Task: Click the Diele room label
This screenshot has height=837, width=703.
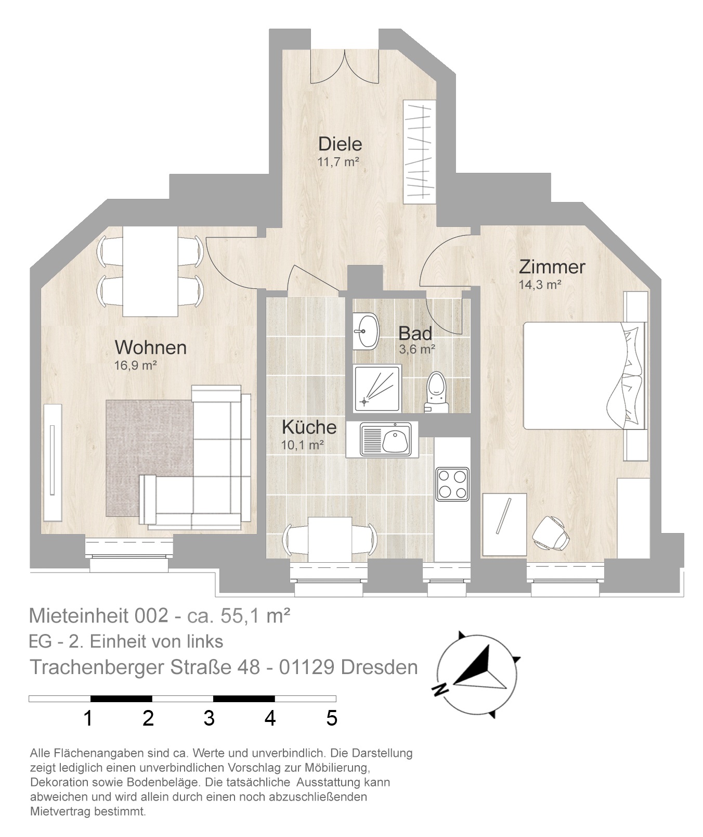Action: click(x=340, y=144)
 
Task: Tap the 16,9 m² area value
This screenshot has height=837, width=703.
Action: click(x=136, y=365)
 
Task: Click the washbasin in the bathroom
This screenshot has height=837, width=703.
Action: click(x=367, y=331)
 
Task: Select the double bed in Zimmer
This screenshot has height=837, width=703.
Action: click(x=584, y=375)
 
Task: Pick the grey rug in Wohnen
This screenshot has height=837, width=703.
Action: click(x=150, y=458)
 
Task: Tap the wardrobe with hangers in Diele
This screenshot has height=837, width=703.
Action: click(x=419, y=151)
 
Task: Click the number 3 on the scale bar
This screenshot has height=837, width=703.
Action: click(x=209, y=718)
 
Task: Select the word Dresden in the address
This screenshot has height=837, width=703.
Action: click(x=379, y=667)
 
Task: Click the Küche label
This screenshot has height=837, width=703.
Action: click(x=309, y=427)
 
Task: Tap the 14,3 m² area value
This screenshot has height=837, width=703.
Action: click(x=540, y=284)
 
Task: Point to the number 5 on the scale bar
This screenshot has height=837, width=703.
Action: click(x=332, y=718)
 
